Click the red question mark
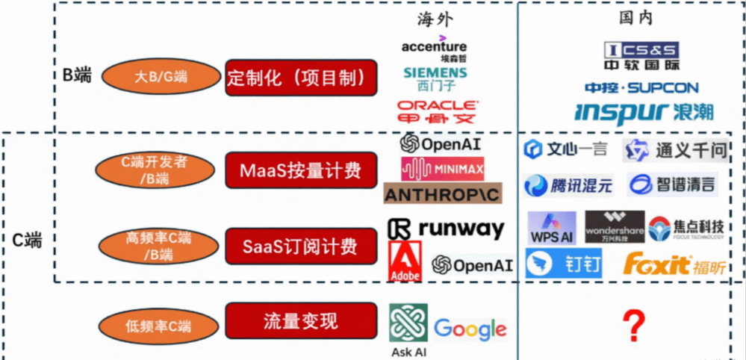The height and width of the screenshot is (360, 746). [633, 326]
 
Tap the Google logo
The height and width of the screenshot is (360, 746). [470, 328]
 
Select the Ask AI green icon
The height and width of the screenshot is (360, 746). [408, 323]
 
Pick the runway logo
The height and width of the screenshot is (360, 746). [446, 229]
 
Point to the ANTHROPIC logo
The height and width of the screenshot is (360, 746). [443, 194]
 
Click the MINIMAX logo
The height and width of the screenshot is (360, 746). [442, 169]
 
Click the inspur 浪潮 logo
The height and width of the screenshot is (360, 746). [644, 112]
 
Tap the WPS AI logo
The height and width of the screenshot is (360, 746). [552, 227]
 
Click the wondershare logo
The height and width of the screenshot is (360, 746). [614, 227]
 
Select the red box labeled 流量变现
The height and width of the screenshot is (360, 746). [300, 321]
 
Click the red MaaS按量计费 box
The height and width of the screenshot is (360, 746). [300, 170]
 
